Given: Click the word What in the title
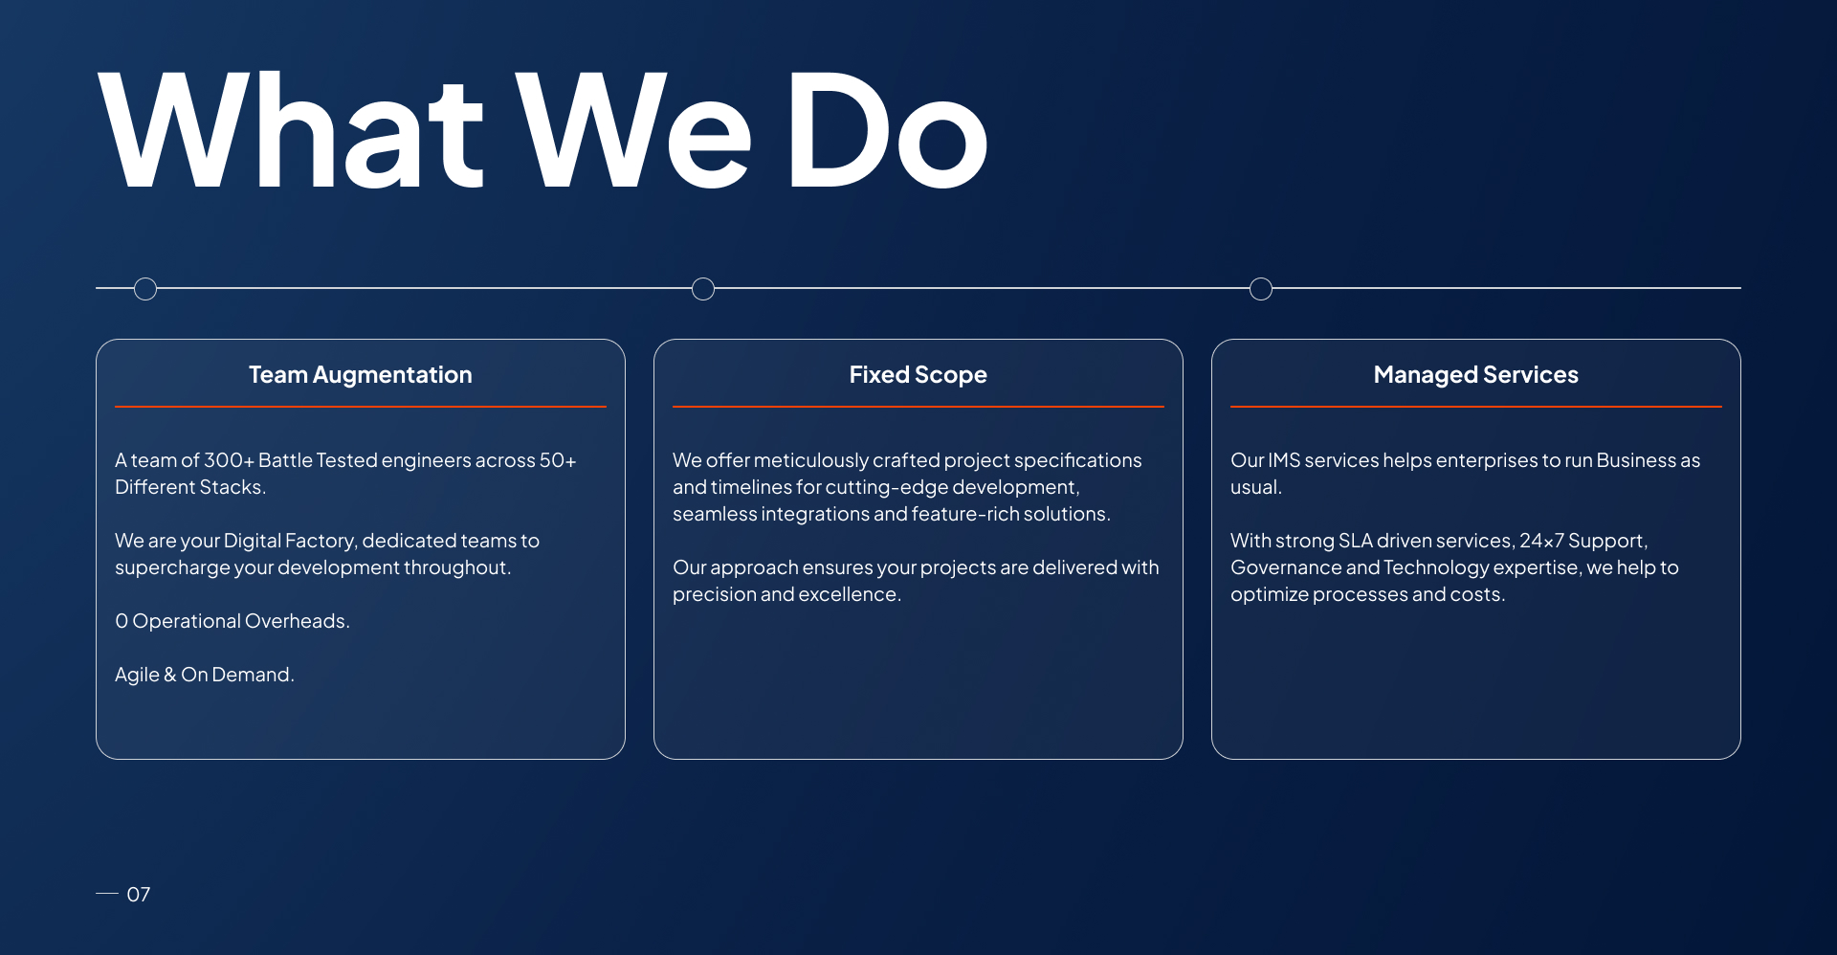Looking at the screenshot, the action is coord(292,130).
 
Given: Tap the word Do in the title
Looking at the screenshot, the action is coord(886,130).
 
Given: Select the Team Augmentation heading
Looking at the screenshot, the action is coord(361,375).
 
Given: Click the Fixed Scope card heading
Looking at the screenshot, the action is coord(918,375).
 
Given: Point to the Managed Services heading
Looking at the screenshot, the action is coord(1476,375).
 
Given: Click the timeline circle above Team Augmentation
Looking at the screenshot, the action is coord(145,289).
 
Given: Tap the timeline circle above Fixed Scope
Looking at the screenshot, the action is coord(703,289).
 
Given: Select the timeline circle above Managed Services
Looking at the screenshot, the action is coord(1261,289).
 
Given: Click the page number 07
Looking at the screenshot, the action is coord(139,895).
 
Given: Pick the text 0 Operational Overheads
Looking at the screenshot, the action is coord(232,621).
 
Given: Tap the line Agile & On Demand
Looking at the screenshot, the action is coord(205,675).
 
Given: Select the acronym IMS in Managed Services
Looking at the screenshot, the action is coord(1284,460).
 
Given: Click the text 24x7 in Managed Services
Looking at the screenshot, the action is coord(1541,541).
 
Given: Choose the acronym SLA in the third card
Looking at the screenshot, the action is coord(1356,541).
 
